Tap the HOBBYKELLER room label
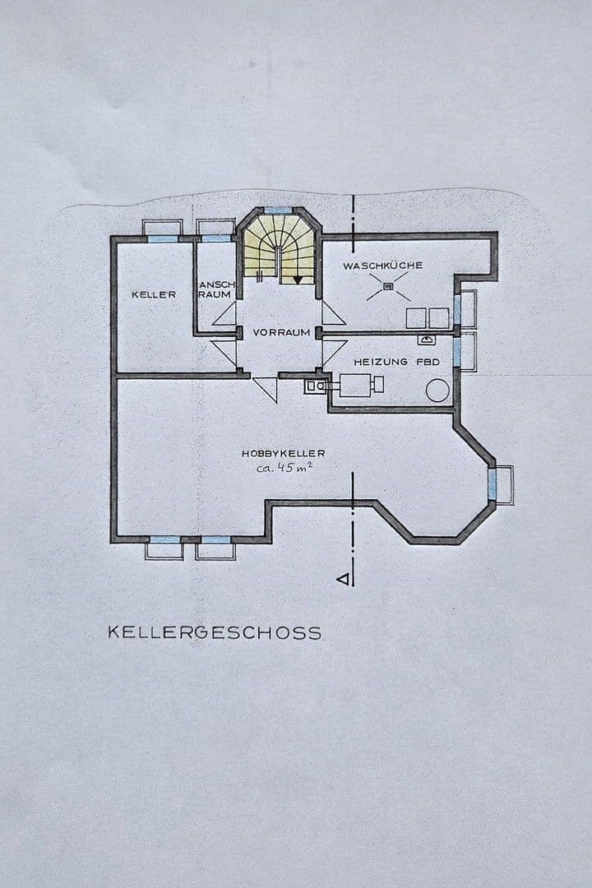pos(284,453)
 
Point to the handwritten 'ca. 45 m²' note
pos(283,468)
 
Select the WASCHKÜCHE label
pos(383,266)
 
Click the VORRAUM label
pos(281,332)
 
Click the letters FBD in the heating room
pos(428,362)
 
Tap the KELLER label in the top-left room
pos(154,294)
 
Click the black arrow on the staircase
pos(297,280)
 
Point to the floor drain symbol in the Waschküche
pos(388,287)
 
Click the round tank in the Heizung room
pos(437,390)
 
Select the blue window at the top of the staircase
pos(279,210)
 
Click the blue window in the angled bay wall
pos(494,484)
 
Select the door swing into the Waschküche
pos(333,313)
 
